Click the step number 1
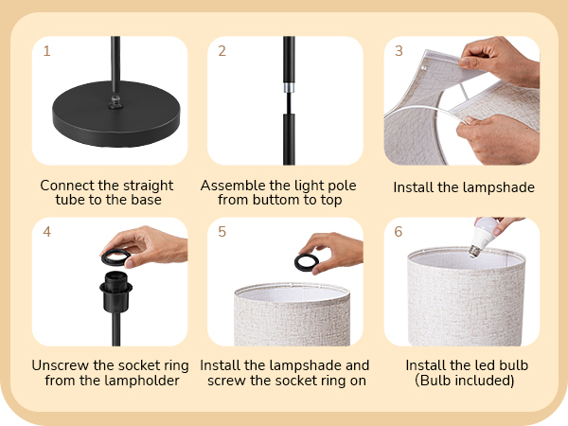coord(46,51)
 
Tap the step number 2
coord(222,51)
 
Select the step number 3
coord(399,51)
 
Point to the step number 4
coord(46,232)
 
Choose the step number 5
coord(222,232)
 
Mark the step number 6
coord(399,232)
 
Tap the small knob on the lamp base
coord(115,102)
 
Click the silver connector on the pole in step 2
coord(289,88)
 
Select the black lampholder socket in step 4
coord(115,292)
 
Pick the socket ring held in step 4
coord(115,257)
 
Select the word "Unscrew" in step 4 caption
coord(61,365)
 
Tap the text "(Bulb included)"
coord(465,381)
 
